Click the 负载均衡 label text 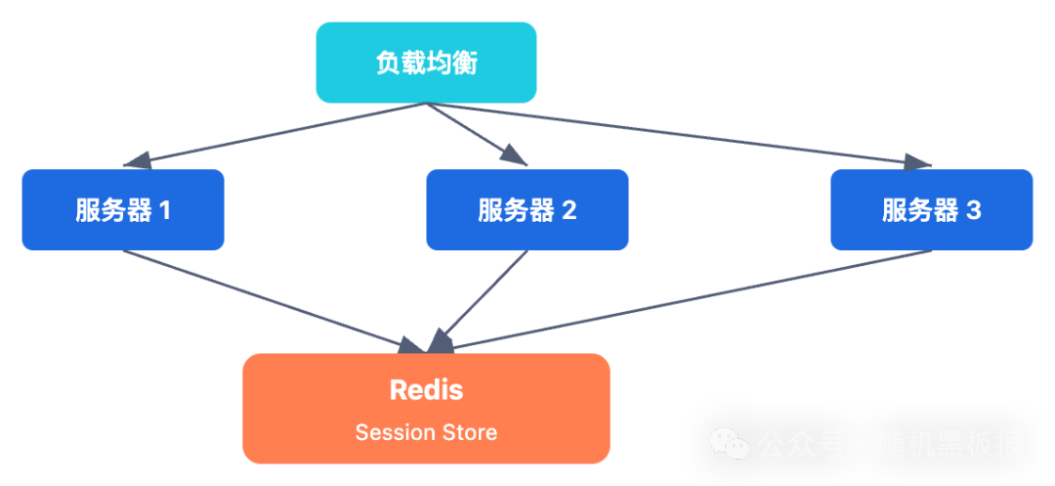pos(427,64)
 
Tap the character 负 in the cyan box pos(388,64)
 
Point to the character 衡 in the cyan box pos(466,64)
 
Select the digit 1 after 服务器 pos(164,210)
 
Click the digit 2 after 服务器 pos(569,210)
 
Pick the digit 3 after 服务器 pos(973,210)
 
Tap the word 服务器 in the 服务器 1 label pos(113,210)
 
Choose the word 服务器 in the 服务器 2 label pos(516,210)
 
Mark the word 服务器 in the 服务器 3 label pos(920,210)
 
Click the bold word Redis pos(426,390)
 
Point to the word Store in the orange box pos(471,432)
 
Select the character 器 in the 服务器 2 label pos(542,210)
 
